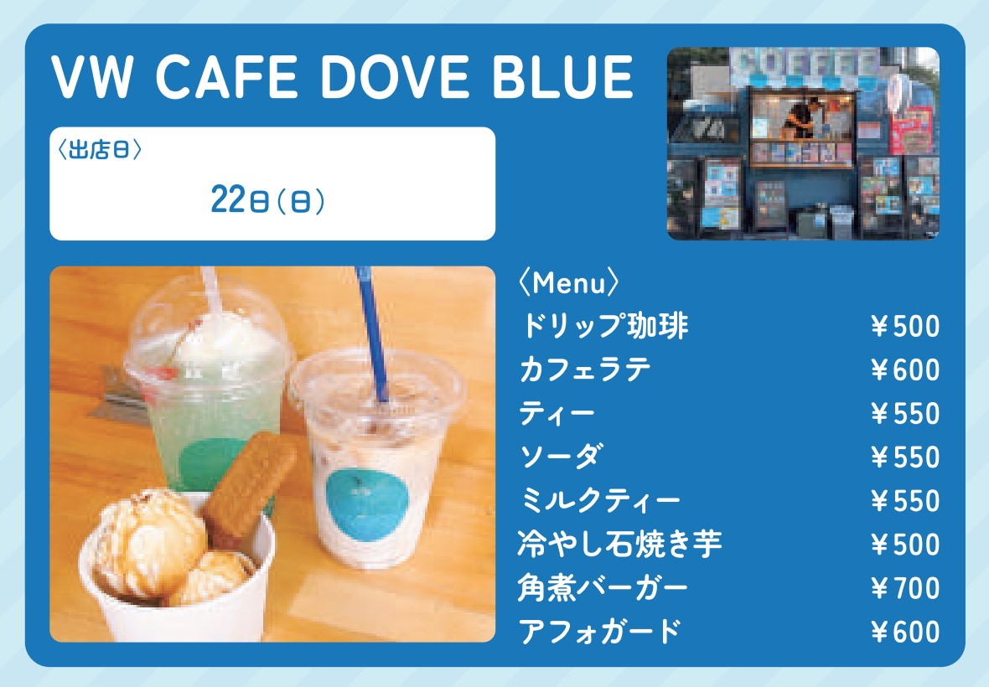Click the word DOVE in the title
pos(394,77)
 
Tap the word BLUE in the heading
pos(562,77)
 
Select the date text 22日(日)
pos(267,199)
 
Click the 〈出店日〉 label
pos(99,149)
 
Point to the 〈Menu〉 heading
pos(568,283)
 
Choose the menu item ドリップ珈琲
pos(604,326)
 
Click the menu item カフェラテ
pos(585,370)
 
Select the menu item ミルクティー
pos(600,500)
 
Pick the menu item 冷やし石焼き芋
pos(619,544)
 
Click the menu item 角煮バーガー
pos(603,587)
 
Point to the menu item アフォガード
pos(600,631)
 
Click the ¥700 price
pos(905,588)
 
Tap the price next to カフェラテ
pos(905,370)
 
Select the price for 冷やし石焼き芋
pos(905,545)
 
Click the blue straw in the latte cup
pos(372,334)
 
